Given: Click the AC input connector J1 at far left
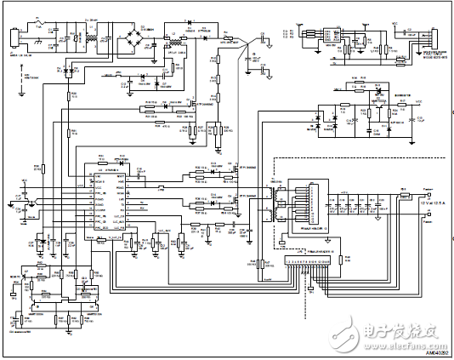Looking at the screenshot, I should pos(13,38).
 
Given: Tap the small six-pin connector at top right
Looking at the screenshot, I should pos(324,37).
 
